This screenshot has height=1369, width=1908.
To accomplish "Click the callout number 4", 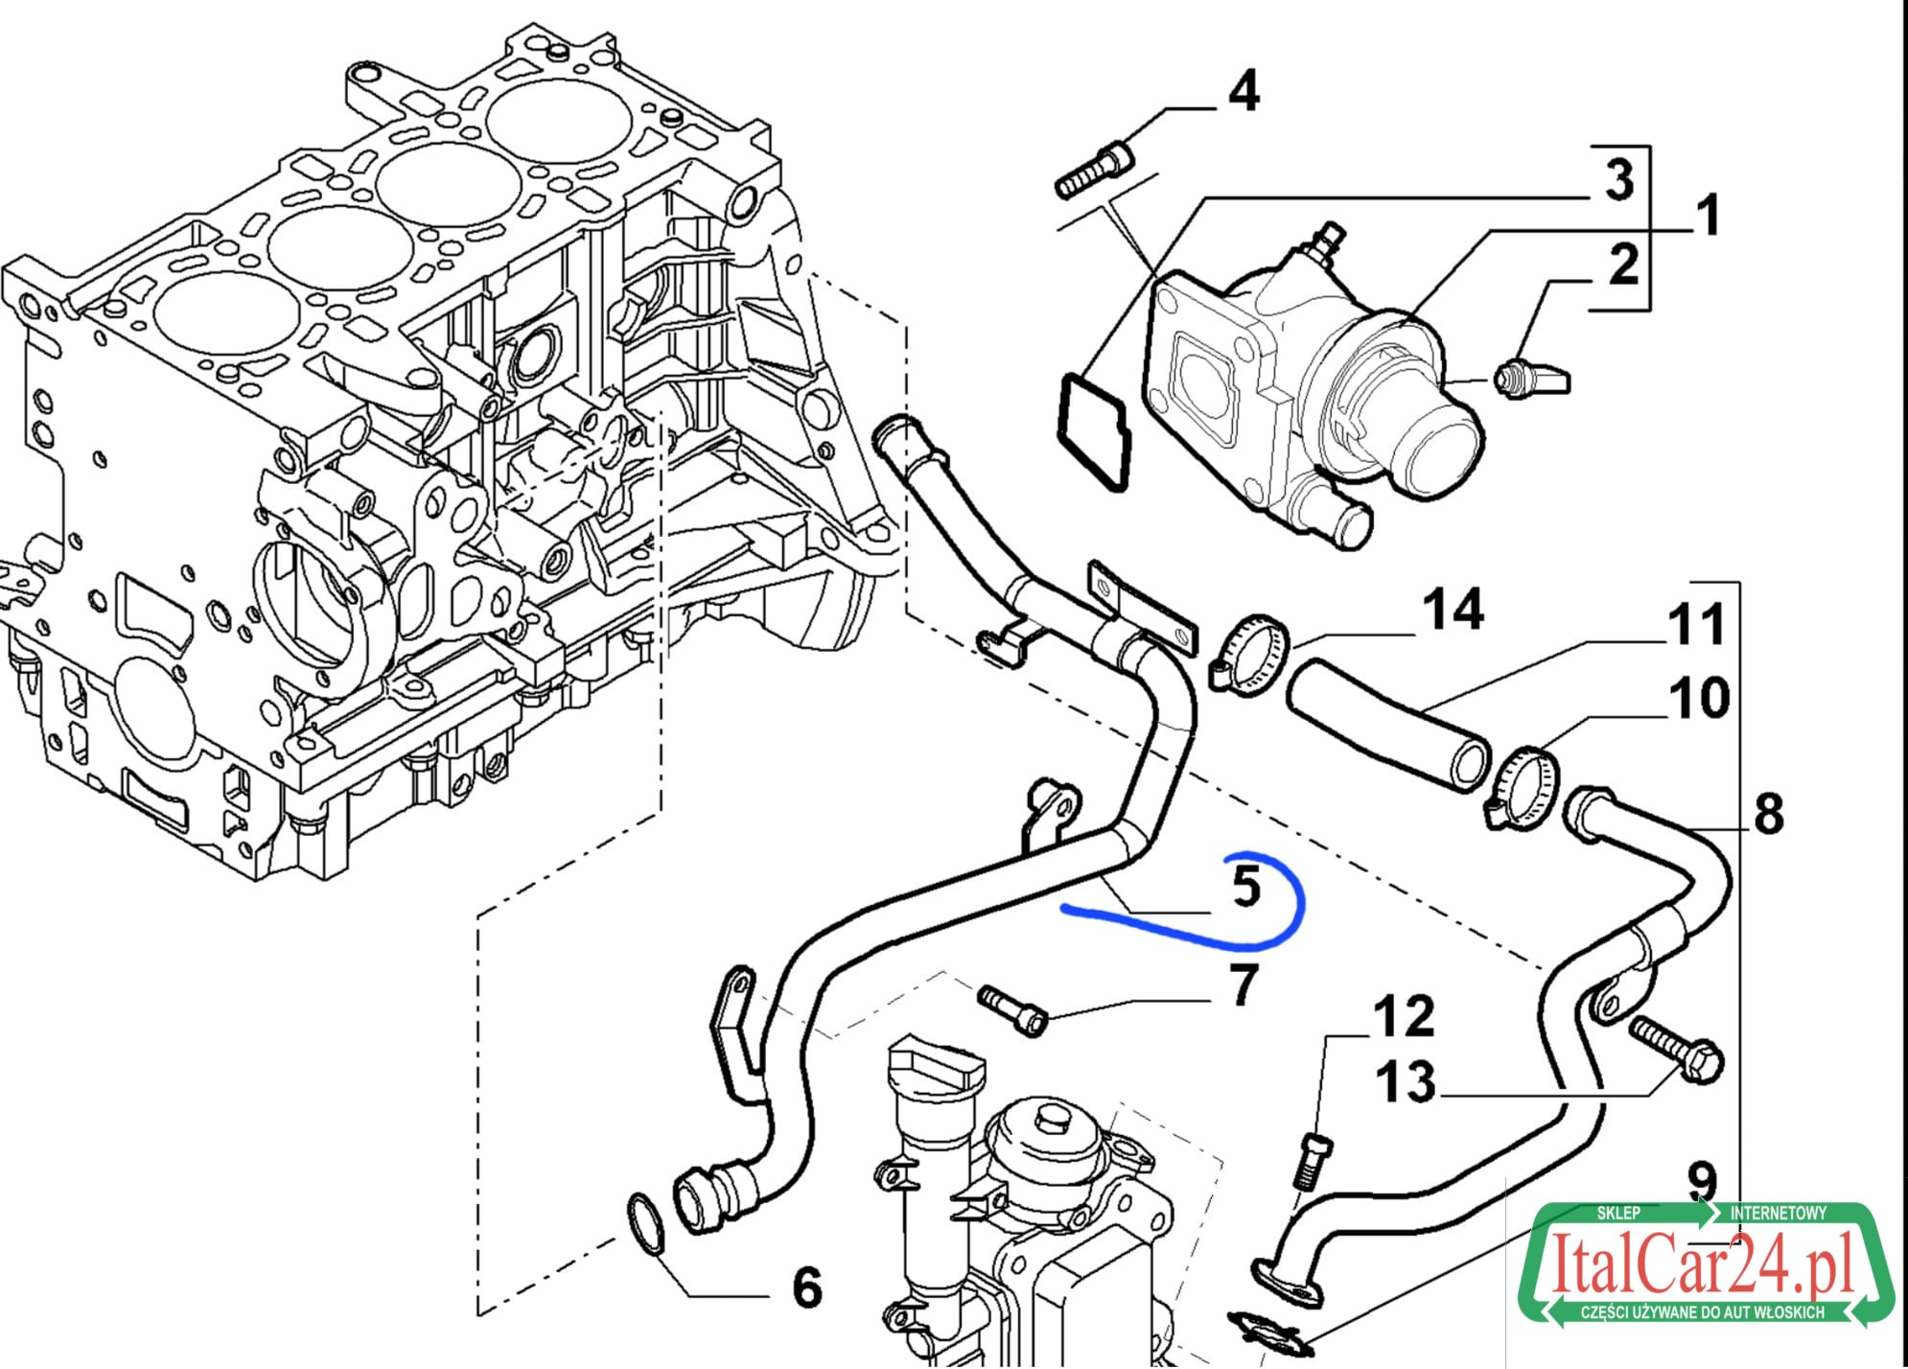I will click(x=1244, y=93).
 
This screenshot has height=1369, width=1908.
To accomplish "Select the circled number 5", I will click(x=1245, y=886).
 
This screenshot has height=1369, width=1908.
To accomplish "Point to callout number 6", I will click(x=807, y=1287).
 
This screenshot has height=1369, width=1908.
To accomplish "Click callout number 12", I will click(x=1404, y=1016).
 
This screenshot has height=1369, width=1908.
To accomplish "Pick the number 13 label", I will click(x=1406, y=1082).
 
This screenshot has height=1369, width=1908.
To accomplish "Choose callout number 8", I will click(x=1768, y=813).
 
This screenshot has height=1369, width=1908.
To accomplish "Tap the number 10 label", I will click(x=1699, y=698).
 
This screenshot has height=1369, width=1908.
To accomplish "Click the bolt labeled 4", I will click(x=1094, y=170).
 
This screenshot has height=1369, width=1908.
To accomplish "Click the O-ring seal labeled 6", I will click(x=648, y=1224).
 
